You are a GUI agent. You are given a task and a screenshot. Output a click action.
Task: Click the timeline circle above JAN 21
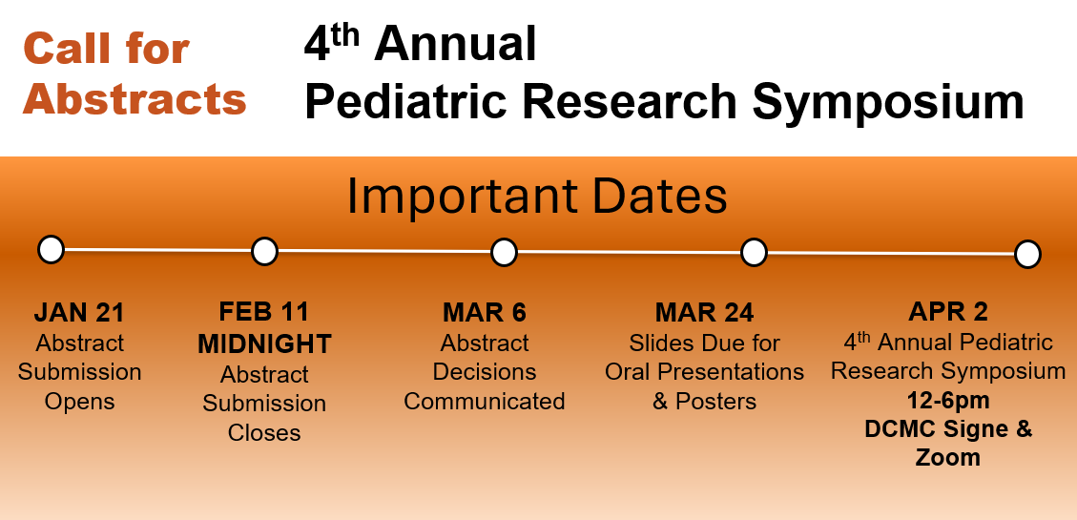(x=51, y=249)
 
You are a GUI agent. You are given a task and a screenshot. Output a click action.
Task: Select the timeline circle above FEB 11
(x=264, y=252)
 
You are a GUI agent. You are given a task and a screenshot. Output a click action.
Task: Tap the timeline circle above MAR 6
(x=504, y=252)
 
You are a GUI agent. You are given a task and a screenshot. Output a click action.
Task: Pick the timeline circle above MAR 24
(x=754, y=253)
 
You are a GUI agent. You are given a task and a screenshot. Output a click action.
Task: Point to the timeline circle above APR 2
(x=1027, y=254)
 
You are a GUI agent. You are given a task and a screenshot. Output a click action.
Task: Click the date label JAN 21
(x=79, y=313)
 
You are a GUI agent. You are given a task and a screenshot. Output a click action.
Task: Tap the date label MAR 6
(x=485, y=313)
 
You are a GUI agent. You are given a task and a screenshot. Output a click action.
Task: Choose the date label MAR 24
(x=704, y=313)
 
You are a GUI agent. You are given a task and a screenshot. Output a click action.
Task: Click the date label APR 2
(x=948, y=312)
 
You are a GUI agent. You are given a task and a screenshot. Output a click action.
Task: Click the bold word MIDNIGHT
(x=264, y=344)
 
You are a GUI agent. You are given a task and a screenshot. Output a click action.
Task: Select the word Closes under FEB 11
(x=264, y=433)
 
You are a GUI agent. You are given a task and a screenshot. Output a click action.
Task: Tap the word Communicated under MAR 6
(x=485, y=401)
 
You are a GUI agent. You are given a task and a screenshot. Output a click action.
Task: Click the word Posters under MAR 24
(x=715, y=401)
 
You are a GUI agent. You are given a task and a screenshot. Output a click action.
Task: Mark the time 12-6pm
(x=948, y=401)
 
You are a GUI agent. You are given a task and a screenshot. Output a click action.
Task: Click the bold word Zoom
(x=948, y=457)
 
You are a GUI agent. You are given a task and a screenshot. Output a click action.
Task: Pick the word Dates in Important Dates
(x=659, y=197)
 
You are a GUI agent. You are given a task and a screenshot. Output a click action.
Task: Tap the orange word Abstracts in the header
(x=135, y=99)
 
